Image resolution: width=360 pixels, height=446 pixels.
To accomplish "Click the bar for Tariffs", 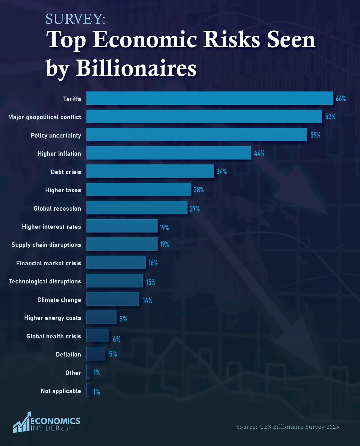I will (210, 98).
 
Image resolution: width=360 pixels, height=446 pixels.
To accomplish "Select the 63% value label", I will (330, 117).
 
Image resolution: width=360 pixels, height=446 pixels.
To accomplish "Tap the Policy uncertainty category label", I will (56, 135).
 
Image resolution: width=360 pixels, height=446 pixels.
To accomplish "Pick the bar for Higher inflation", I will (168, 153).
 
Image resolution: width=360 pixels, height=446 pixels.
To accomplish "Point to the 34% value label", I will (221, 171).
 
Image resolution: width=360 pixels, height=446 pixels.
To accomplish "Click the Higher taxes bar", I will (139, 189).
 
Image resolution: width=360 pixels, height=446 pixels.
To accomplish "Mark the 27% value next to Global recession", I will (195, 209).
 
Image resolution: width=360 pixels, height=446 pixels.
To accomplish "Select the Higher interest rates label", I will (52, 227).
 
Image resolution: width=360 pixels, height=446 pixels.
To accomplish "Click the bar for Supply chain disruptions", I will (122, 244).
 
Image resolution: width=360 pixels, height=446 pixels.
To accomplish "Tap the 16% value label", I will (153, 263).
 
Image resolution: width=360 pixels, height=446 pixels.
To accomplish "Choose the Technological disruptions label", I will (45, 281).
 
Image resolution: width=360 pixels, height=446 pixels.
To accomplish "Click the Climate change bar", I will (112, 299).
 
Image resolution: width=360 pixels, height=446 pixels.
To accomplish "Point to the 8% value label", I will (123, 319).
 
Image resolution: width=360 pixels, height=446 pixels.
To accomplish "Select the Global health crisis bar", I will (98, 335).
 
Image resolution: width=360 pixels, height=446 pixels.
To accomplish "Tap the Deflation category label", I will (68, 354).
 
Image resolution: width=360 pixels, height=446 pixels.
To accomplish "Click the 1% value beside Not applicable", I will (96, 392).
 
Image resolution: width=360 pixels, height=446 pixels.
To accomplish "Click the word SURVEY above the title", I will (75, 19).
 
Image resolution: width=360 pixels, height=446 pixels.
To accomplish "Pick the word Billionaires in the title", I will (136, 68).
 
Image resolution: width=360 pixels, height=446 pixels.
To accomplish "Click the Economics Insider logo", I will (47, 422).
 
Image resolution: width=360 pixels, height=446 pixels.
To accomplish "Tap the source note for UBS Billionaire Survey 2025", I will (287, 427).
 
